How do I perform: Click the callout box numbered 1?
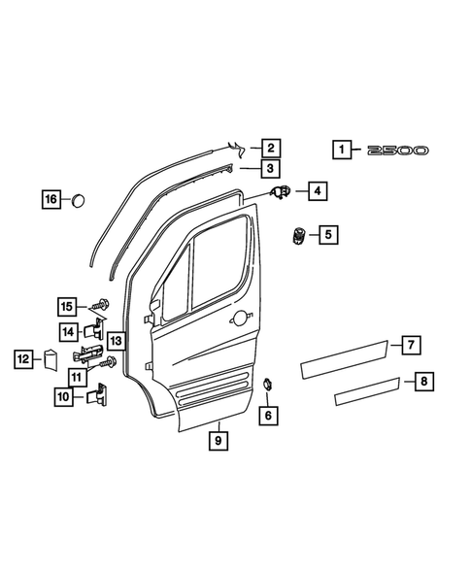point(342,151)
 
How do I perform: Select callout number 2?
point(270,149)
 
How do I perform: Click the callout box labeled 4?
point(318,192)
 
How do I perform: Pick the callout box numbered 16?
point(50,199)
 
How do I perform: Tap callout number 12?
point(22,358)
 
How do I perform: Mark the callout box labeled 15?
point(67,308)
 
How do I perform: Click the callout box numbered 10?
point(63,396)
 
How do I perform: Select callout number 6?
point(268,415)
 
